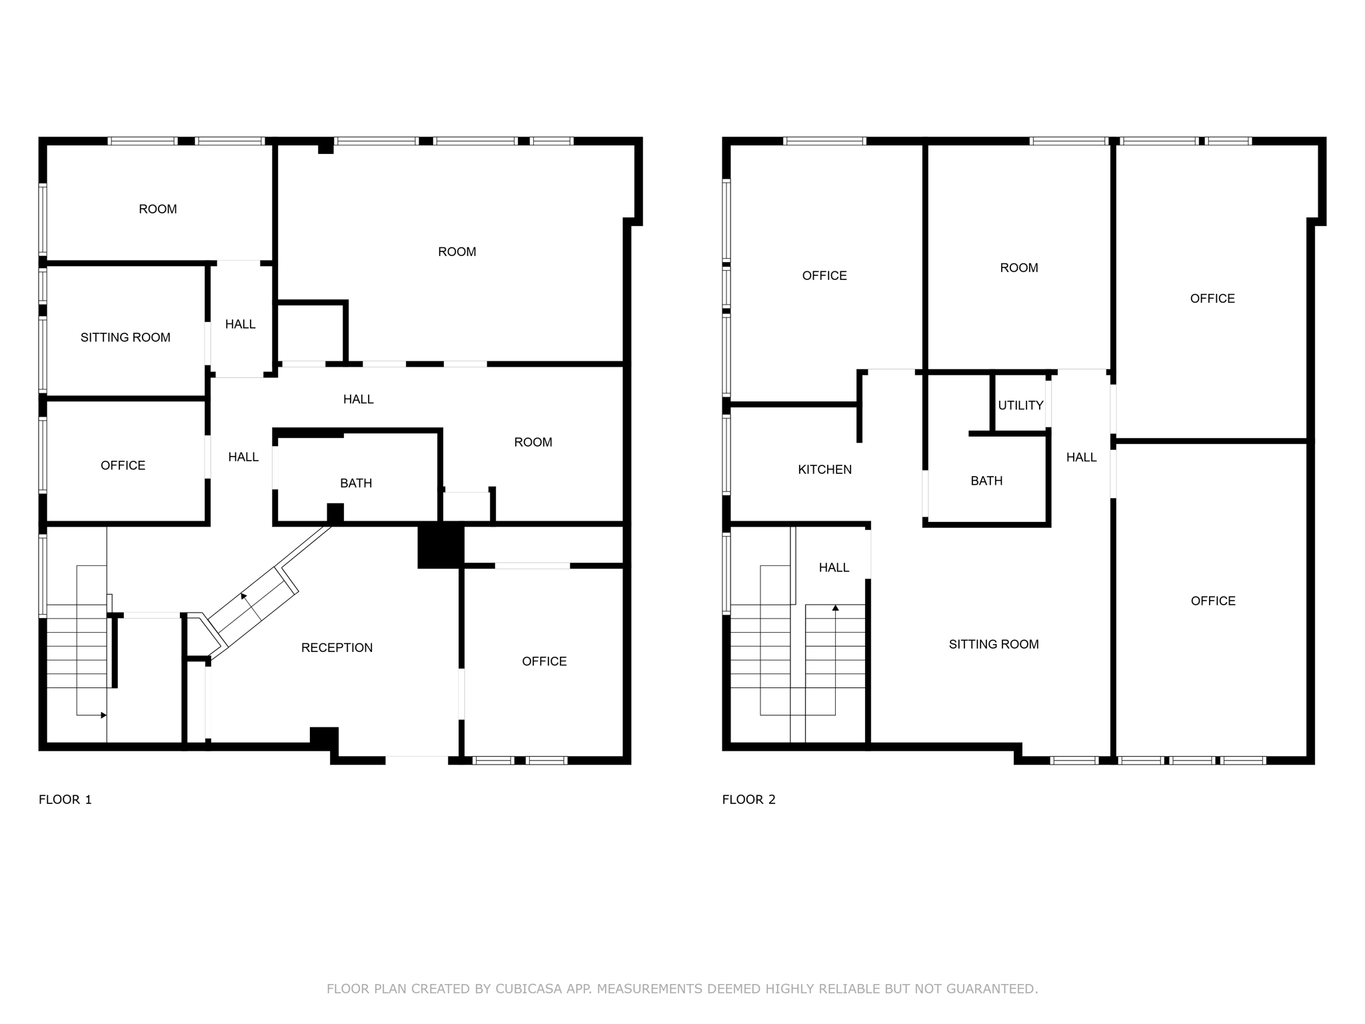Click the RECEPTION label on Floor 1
(x=337, y=647)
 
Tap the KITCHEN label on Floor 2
(x=824, y=469)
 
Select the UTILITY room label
(x=1020, y=405)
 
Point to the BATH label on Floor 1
(x=356, y=483)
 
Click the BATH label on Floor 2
(x=986, y=481)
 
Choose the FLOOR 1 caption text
(x=65, y=799)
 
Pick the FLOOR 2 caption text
(x=748, y=799)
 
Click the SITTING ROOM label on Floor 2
(x=994, y=644)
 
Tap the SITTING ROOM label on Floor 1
(x=125, y=337)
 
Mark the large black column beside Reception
(x=440, y=547)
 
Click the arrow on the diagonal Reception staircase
(x=244, y=595)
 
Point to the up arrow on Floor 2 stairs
(x=835, y=608)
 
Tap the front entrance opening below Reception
(x=417, y=758)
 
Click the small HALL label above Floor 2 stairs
(x=834, y=567)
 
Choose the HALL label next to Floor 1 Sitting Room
(x=240, y=324)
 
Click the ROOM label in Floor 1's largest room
(x=457, y=251)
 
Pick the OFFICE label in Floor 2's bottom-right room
(x=1213, y=601)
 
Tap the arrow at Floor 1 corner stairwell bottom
(x=103, y=715)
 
